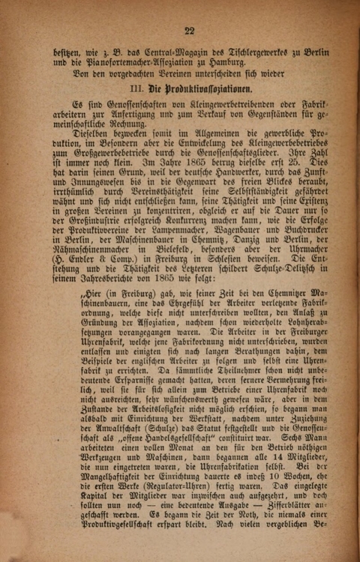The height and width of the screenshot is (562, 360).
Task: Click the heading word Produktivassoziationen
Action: (x=184, y=88)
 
